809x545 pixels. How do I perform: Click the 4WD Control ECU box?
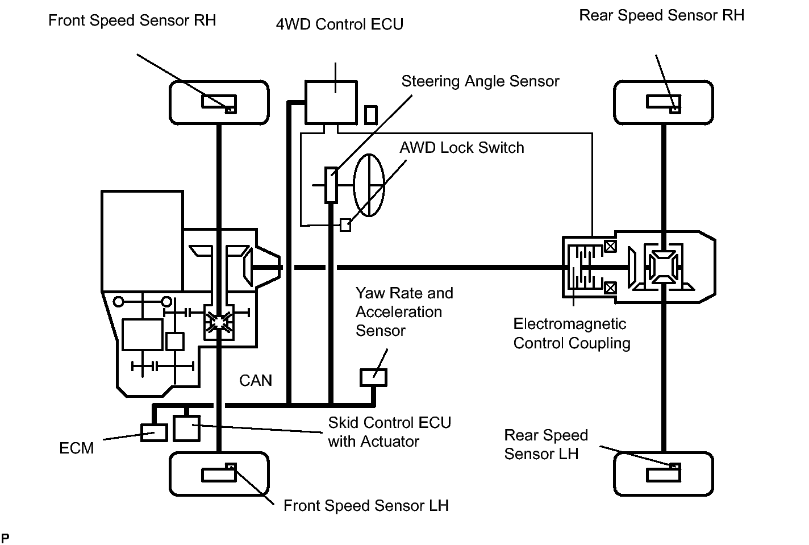pyautogui.click(x=331, y=102)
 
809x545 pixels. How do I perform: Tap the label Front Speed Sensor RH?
pyautogui.click(x=132, y=20)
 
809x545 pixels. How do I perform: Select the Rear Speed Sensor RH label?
pyautogui.click(x=661, y=15)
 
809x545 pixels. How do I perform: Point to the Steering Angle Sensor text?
pyautogui.click(x=480, y=81)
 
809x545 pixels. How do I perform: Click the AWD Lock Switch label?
pyautogui.click(x=461, y=148)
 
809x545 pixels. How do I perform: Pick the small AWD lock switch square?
pyautogui.click(x=345, y=225)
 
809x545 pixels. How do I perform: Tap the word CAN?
pyautogui.click(x=256, y=380)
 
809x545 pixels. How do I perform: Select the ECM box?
pyautogui.click(x=154, y=432)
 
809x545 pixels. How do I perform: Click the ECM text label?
pyautogui.click(x=76, y=448)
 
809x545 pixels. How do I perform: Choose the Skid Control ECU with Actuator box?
pyautogui.click(x=186, y=428)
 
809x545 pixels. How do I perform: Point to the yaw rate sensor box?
pyautogui.click(x=373, y=377)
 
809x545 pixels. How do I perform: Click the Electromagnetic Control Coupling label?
pyautogui.click(x=572, y=334)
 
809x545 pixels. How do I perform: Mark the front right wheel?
pyautogui.click(x=219, y=102)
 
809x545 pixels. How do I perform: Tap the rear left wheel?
pyautogui.click(x=663, y=473)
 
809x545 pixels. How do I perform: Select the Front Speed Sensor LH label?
pyautogui.click(x=366, y=506)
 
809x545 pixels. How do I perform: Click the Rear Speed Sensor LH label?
pyautogui.click(x=545, y=444)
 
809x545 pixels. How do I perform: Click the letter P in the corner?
pyautogui.click(x=5, y=538)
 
